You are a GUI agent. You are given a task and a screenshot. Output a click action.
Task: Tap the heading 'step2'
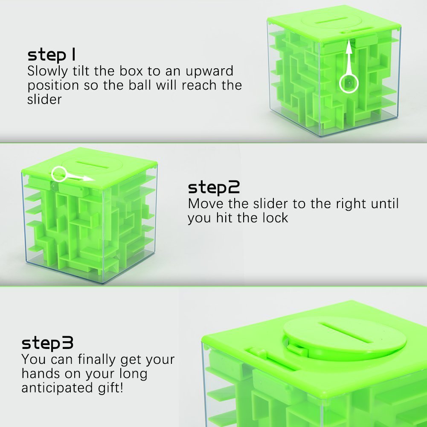(x=214, y=187)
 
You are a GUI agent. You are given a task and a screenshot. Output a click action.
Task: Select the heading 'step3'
(x=47, y=343)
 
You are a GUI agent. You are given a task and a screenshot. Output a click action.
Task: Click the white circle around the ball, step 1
(x=349, y=83)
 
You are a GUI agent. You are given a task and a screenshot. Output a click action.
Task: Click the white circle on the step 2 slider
(x=59, y=174)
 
